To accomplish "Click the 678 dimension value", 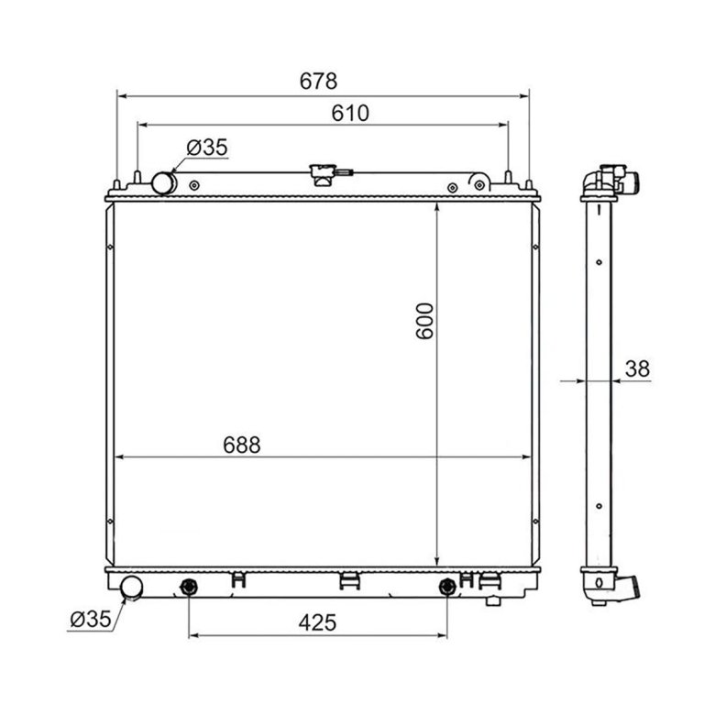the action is pyautogui.click(x=318, y=82).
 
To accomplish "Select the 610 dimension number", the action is pyautogui.click(x=350, y=113).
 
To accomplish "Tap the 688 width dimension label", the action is pyautogui.click(x=242, y=445).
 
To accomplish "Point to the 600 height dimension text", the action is pyautogui.click(x=424, y=321).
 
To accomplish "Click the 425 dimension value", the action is pyautogui.click(x=317, y=622).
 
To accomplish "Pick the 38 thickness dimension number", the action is pyautogui.click(x=637, y=368).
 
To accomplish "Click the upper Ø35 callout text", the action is pyautogui.click(x=207, y=148).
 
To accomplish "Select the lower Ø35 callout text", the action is pyautogui.click(x=90, y=620).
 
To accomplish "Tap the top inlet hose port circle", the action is pyautogui.click(x=163, y=182).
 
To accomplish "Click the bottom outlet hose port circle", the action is pyautogui.click(x=131, y=588).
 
